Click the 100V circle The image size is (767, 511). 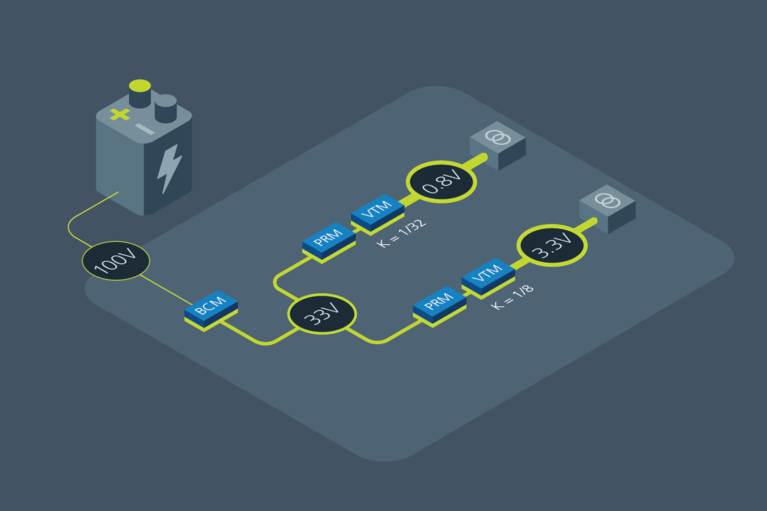115,262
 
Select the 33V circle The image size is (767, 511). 322,315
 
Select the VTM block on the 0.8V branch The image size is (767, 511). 377,211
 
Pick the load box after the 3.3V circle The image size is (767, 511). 607,206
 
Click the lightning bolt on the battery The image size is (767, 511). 168,168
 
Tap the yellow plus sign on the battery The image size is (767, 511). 120,114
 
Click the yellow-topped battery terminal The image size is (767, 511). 140,93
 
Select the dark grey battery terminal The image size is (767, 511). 166,107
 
